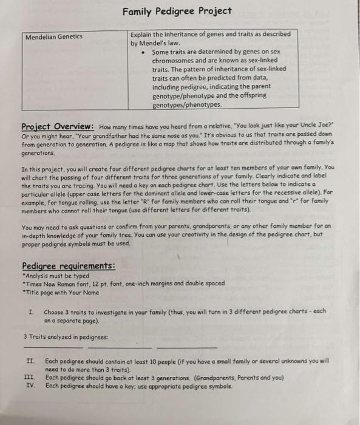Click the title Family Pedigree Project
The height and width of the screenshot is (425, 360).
177,11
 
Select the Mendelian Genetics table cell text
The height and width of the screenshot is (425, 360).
54,37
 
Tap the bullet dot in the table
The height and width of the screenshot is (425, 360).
142,52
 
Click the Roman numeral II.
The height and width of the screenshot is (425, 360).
30,361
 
